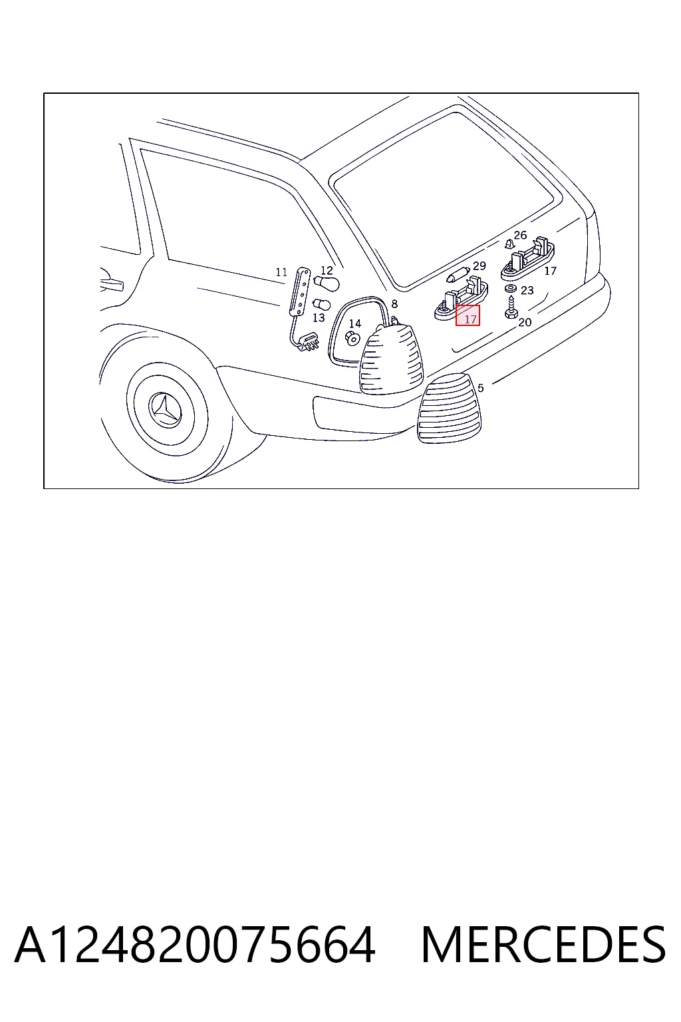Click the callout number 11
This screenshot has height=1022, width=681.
pos(281,272)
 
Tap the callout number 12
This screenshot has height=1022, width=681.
pos(327,271)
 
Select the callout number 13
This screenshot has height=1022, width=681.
pos(319,317)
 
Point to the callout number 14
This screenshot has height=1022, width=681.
pos(355,323)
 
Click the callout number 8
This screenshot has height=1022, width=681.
pos(394,304)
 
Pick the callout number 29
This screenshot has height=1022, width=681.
pos(479,265)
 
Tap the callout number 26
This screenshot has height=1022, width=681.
pos(521,235)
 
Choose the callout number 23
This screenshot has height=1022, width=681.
pos(527,290)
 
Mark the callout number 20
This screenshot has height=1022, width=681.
pos(525,322)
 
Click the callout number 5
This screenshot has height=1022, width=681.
pos(480,388)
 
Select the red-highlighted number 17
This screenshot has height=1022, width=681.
pos(468,315)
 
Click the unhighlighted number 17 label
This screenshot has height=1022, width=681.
pos(551,271)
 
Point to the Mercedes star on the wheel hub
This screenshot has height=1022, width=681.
pos(167,411)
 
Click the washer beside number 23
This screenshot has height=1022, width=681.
pos(510,289)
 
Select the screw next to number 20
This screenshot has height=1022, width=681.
pos(510,307)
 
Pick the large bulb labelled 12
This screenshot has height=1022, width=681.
pos(327,282)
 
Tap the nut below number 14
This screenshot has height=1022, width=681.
pos(352,338)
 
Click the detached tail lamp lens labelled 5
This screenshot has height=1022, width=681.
pos(449,409)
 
